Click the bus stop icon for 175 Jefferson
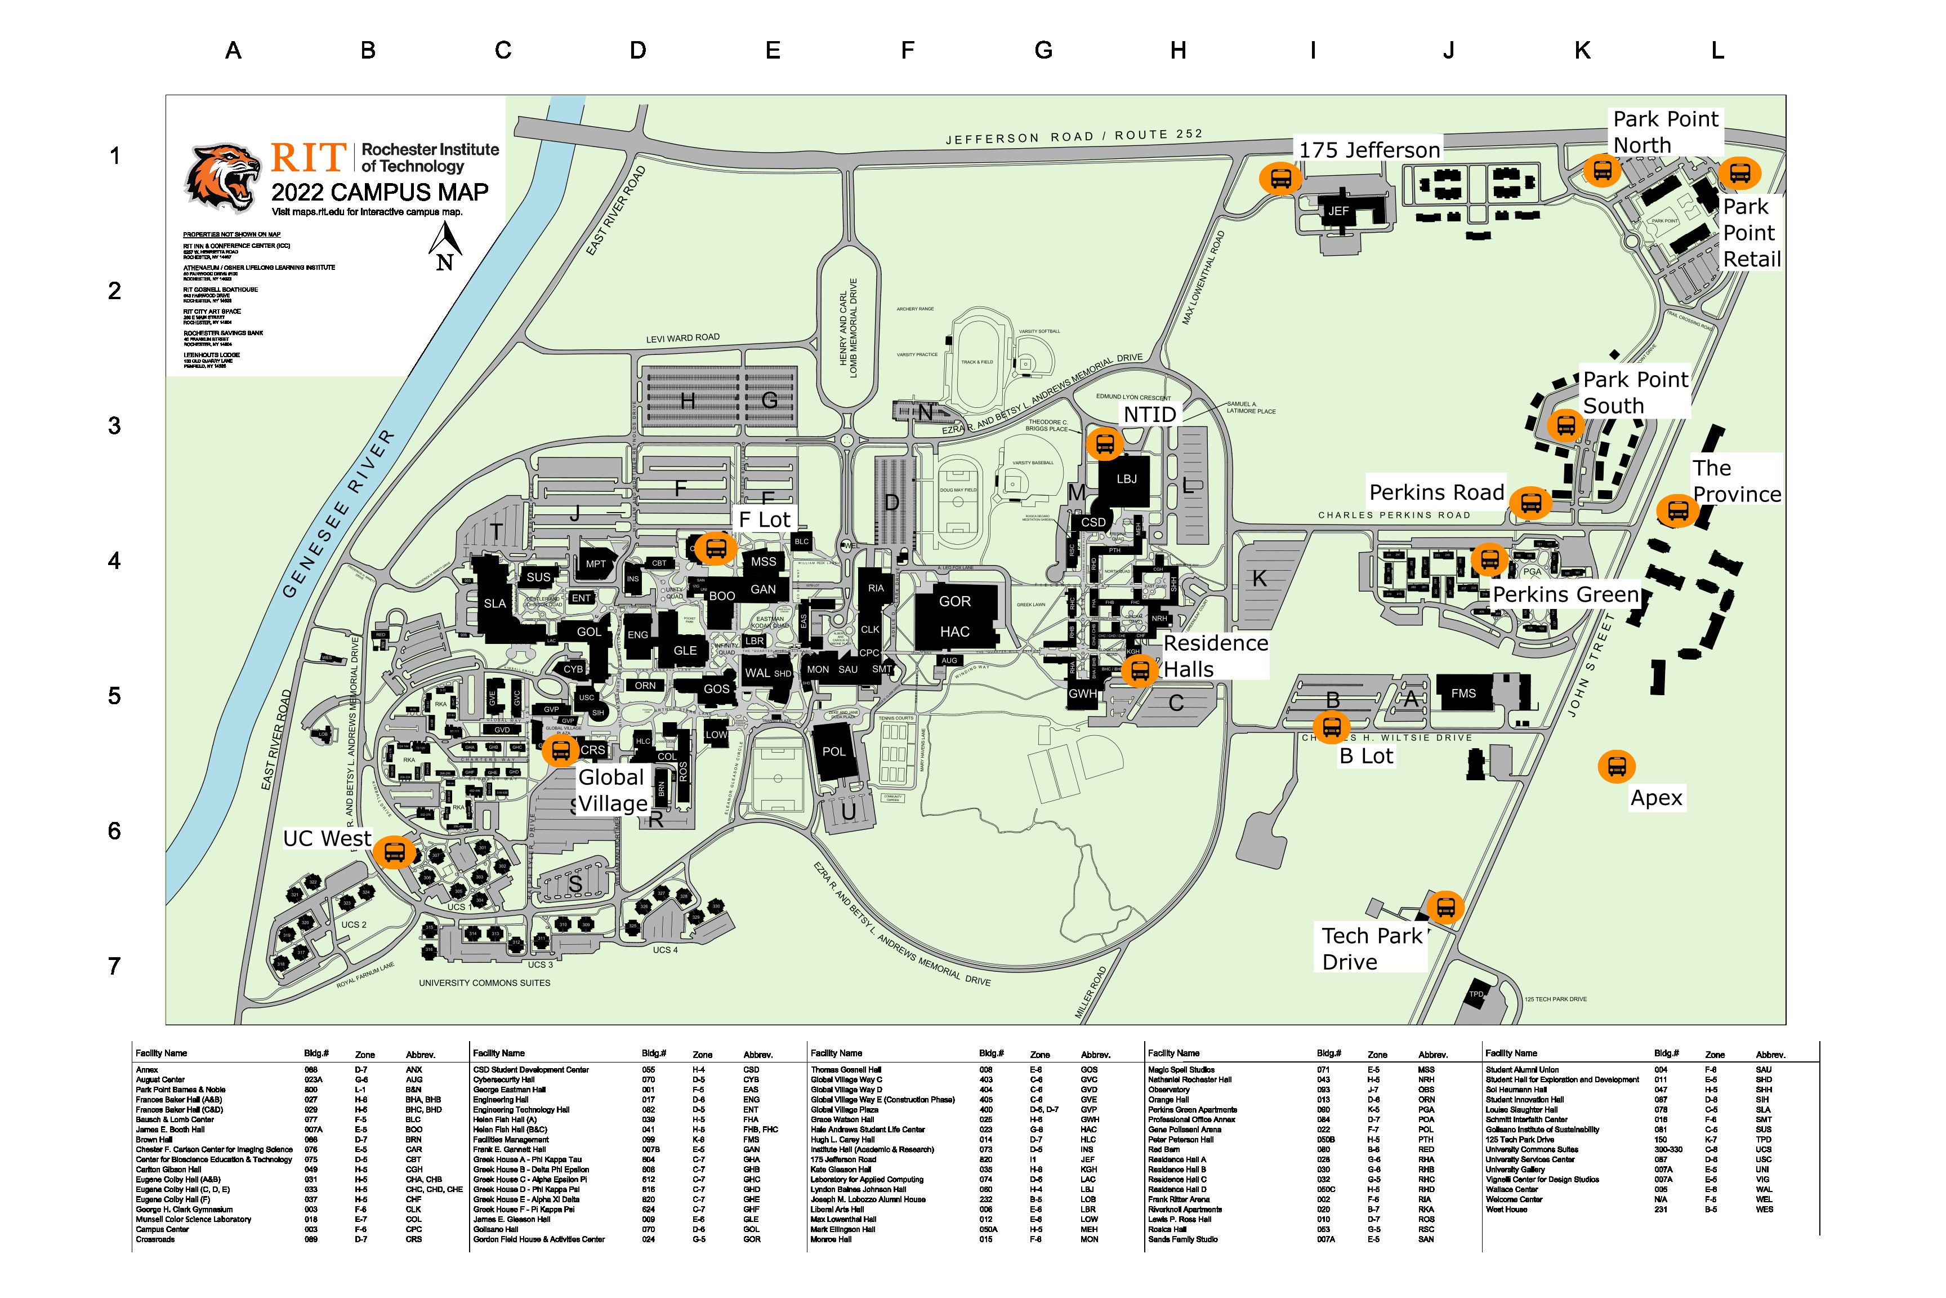click(1280, 178)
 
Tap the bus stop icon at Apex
click(1616, 767)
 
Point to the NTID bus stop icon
click(1105, 444)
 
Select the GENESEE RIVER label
click(338, 514)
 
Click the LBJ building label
click(1126, 479)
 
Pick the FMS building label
click(1463, 694)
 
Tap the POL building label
click(834, 752)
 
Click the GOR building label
click(955, 602)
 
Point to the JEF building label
click(1338, 211)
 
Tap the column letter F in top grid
click(908, 51)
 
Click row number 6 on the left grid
click(115, 831)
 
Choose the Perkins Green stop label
click(1565, 594)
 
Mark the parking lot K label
click(1259, 579)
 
